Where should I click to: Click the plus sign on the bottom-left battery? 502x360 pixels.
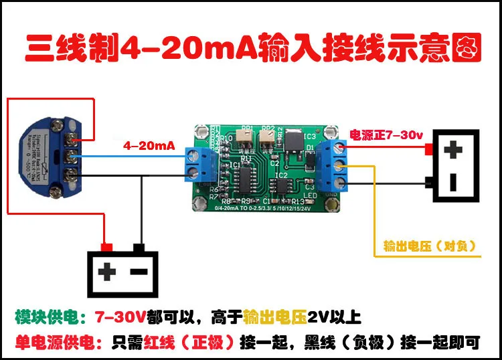[107, 271]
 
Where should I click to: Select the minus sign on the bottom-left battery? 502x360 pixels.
[139, 271]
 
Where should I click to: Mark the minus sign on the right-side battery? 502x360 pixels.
[454, 181]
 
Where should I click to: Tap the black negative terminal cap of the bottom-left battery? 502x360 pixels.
[139, 246]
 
